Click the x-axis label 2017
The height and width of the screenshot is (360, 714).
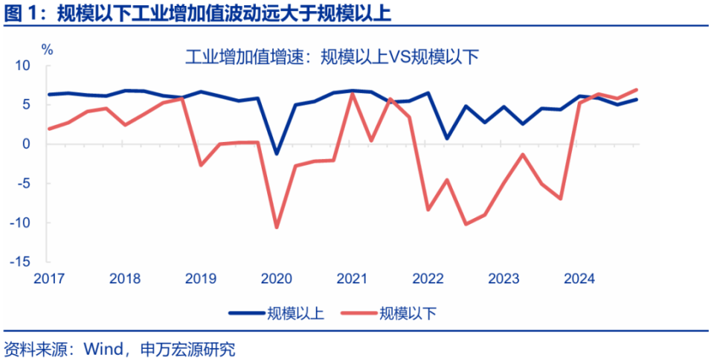tap(49, 279)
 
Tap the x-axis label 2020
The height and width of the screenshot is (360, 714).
tap(276, 279)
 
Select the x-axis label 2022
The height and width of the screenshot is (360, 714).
tap(428, 279)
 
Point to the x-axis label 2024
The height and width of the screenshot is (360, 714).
tap(579, 279)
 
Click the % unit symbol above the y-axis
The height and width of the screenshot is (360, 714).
tap(47, 50)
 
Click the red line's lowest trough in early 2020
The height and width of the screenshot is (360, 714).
tap(277, 227)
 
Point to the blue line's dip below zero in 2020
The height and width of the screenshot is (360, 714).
tap(277, 153)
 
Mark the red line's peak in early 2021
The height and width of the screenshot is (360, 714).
tap(353, 94)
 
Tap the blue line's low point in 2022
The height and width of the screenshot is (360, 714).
tap(447, 138)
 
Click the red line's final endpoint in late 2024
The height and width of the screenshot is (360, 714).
tap(637, 89)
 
